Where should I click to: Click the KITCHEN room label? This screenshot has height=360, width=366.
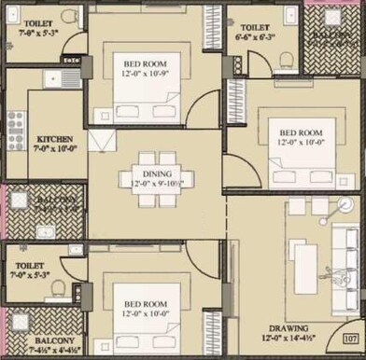pos(29,139)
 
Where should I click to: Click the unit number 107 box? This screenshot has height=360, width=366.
pos(351,339)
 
